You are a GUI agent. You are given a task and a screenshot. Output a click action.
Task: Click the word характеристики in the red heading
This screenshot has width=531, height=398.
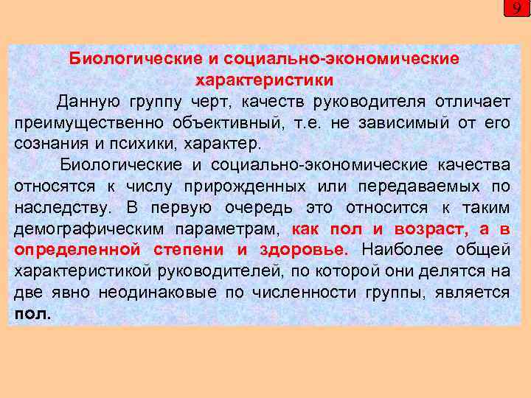(x=265, y=79)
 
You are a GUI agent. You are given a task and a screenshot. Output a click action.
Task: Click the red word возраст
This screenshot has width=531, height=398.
(x=430, y=228)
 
